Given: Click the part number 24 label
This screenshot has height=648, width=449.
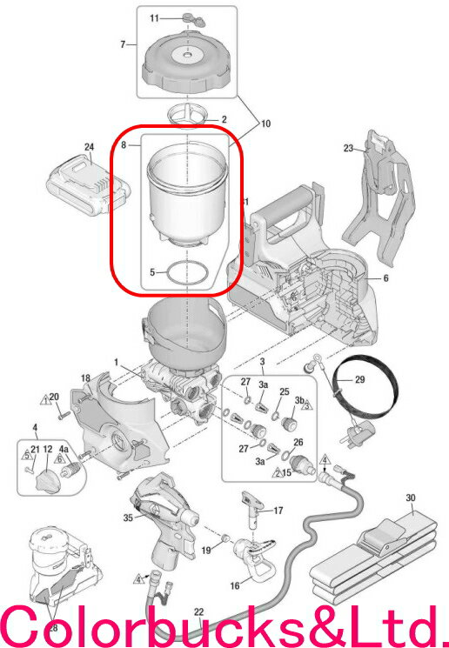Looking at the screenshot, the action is coord(90,147).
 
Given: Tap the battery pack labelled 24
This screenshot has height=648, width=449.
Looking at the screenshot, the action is coord(89,185).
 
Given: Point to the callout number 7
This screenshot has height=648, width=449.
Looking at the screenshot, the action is coord(123,43).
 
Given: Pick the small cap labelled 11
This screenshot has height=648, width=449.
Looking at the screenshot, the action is coord(193,19).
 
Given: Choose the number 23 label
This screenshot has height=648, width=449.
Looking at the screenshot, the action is coord(349,148).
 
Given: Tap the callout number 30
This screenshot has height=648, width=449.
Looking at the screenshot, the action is coord(411,498).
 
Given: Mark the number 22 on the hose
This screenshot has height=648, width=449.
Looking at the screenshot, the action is coord(199,612).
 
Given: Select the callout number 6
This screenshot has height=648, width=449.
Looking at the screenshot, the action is coord(385,278).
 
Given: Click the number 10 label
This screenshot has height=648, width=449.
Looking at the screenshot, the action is coord(265,124).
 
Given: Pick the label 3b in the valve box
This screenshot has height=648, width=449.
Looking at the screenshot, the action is coord(299,400).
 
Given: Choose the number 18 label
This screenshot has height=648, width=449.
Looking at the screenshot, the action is coord(85,378).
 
